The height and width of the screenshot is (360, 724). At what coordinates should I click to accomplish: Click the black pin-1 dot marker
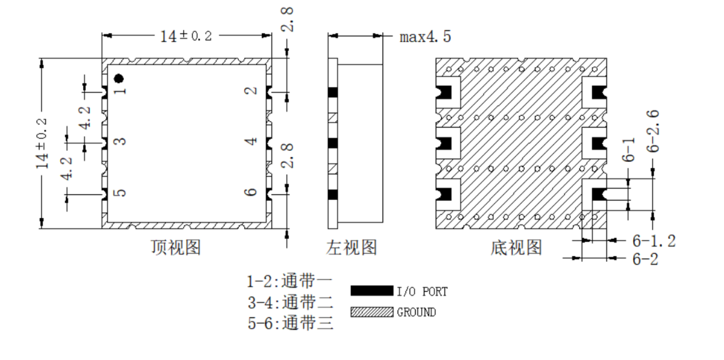tap(119, 79)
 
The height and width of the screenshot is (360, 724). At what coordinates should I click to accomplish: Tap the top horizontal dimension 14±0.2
tap(186, 35)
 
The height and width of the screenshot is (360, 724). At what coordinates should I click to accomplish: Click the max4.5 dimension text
tap(425, 37)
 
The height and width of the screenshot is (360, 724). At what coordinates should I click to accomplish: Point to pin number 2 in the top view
tap(252, 90)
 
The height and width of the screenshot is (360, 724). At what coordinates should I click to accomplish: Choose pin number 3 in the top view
tap(120, 140)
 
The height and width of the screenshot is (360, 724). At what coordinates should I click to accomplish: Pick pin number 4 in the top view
tap(252, 140)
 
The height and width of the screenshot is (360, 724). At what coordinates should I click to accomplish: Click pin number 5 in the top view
tap(120, 192)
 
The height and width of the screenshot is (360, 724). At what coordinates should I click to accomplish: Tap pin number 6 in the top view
tap(252, 192)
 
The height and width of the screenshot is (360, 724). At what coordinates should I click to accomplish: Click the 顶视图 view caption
tap(176, 247)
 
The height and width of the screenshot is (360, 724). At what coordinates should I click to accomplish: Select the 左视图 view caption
tap(352, 247)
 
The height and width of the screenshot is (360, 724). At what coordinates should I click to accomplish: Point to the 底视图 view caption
tap(516, 247)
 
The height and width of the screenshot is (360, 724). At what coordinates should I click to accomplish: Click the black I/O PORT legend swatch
tap(372, 291)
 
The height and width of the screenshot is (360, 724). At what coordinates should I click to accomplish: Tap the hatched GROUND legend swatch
tap(372, 312)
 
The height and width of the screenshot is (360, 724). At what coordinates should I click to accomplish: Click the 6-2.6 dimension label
tap(653, 132)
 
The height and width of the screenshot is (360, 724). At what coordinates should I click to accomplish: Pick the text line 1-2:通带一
tap(290, 281)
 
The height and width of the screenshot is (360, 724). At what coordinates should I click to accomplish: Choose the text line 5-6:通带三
tap(290, 322)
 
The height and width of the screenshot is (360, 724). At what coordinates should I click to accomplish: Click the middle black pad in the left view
tap(333, 143)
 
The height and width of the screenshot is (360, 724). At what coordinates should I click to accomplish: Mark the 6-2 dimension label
tap(645, 259)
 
